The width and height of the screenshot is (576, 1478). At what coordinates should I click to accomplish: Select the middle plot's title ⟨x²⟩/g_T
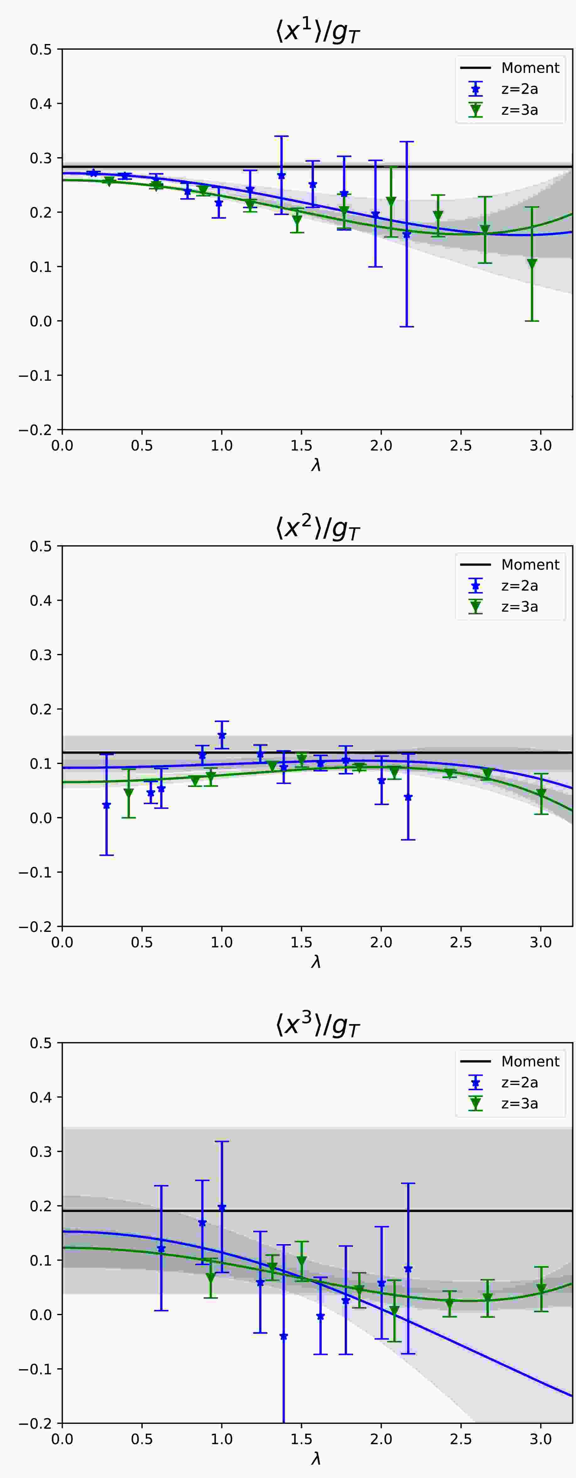(317, 529)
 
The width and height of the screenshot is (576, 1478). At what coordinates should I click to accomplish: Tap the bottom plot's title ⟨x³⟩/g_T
(317, 1025)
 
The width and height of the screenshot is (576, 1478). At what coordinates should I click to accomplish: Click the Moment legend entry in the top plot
(529, 68)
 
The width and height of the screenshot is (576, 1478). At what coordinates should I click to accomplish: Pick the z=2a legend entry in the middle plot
(519, 586)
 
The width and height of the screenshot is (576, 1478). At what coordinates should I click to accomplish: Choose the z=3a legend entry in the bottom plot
(519, 1103)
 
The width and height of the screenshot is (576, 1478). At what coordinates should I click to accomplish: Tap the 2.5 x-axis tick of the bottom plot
(461, 1439)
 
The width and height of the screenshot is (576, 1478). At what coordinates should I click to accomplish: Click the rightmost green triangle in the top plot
(532, 264)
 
